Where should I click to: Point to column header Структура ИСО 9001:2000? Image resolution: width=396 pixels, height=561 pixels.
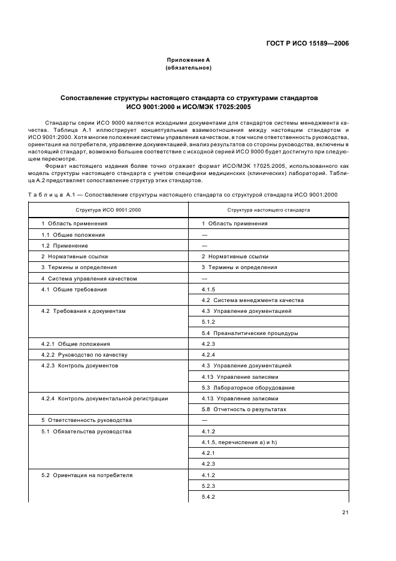click(x=108, y=210)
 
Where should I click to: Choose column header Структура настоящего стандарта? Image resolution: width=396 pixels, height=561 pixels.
click(x=268, y=210)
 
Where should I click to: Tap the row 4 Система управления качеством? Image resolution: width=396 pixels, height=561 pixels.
click(x=89, y=278)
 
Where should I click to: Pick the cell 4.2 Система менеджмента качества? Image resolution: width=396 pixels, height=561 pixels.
click(x=253, y=300)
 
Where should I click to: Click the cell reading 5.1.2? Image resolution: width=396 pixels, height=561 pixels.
click(x=208, y=322)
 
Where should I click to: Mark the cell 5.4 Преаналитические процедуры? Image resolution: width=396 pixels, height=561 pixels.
click(x=250, y=333)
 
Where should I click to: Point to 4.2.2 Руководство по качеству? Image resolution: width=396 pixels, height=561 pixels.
click(x=84, y=355)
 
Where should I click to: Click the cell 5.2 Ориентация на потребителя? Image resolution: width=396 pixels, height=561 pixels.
click(x=87, y=475)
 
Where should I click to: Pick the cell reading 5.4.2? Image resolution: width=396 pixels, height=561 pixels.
click(x=208, y=497)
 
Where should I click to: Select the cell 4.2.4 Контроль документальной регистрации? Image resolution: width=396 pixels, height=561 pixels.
click(x=104, y=399)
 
